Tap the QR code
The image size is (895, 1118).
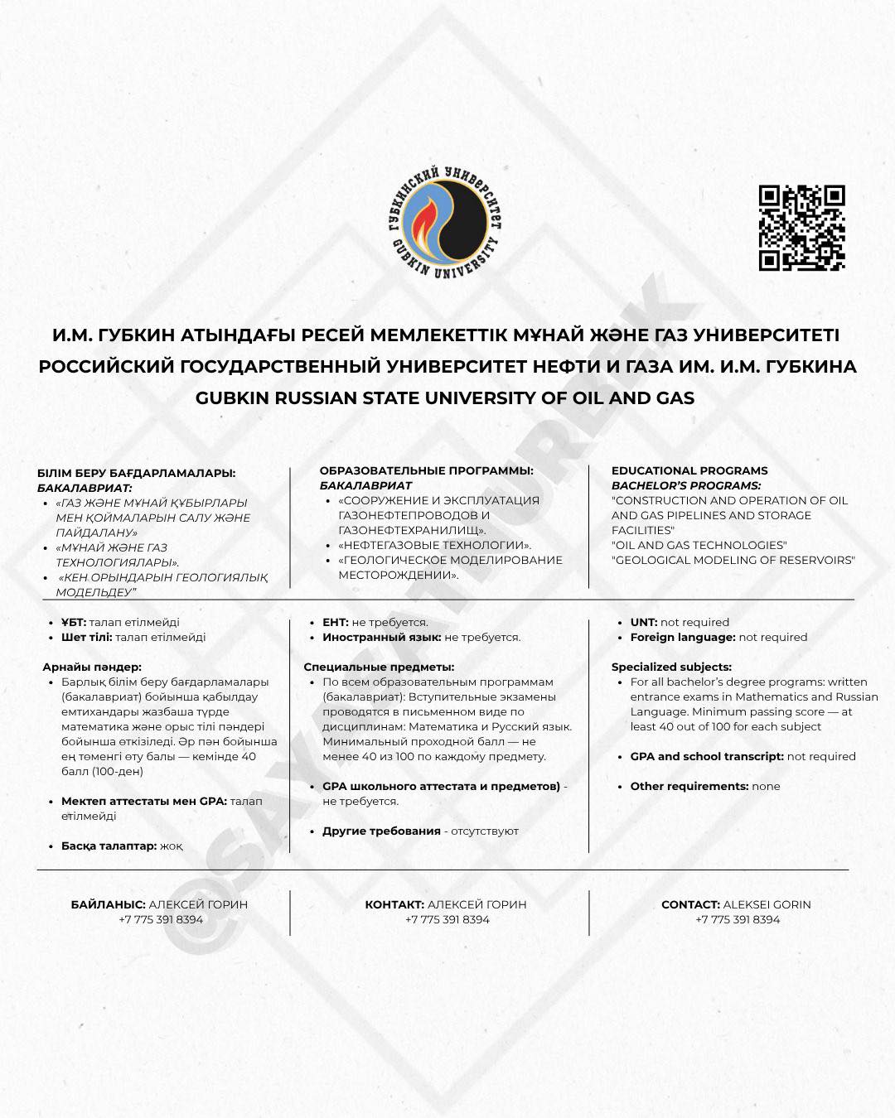click(x=801, y=228)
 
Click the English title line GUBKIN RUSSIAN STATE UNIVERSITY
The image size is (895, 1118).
click(x=445, y=398)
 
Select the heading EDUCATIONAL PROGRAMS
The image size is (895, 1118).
click(x=689, y=470)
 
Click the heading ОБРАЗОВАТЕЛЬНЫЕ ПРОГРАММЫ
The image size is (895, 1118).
click(x=427, y=470)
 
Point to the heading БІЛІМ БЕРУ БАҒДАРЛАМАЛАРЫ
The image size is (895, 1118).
click(x=137, y=473)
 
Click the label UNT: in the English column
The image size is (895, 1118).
click(x=644, y=622)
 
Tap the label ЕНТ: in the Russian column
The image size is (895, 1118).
click(x=336, y=622)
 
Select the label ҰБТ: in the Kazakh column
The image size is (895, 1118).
click(x=74, y=622)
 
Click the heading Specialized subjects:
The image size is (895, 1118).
click(x=671, y=667)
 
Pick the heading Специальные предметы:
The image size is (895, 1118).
click(x=379, y=667)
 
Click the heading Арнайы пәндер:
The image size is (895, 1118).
click(x=92, y=667)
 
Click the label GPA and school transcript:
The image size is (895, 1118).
click(x=707, y=756)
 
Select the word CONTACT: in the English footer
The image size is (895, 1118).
click(x=690, y=904)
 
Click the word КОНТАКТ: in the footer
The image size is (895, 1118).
click(x=394, y=904)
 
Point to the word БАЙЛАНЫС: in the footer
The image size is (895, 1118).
click(x=109, y=904)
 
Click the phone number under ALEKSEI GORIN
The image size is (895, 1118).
click(x=738, y=919)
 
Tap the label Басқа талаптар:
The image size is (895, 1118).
click(x=109, y=846)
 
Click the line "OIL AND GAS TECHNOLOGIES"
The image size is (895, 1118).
click(x=699, y=545)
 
